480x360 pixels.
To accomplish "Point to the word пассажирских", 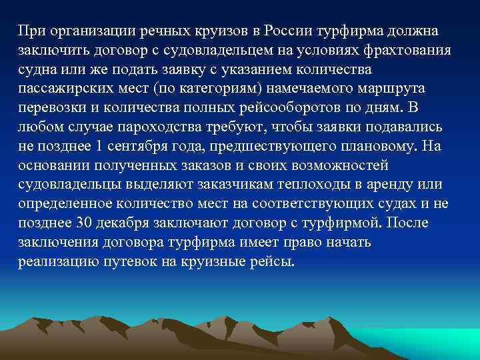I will (x=60, y=89).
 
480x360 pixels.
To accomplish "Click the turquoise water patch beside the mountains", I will (x=427, y=343).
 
